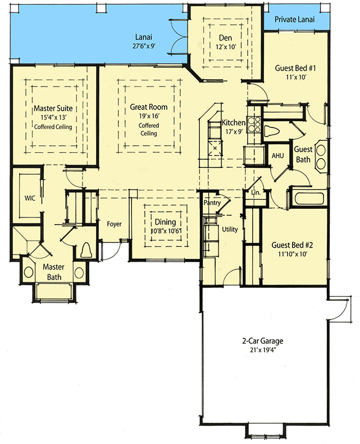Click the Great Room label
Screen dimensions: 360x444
click(x=148, y=107)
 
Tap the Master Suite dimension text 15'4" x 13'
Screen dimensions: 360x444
click(x=53, y=117)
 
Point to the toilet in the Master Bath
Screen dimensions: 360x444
click(x=86, y=250)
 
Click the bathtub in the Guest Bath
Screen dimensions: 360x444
click(x=308, y=199)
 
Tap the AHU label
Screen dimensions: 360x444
click(x=277, y=155)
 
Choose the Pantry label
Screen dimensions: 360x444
click(x=212, y=203)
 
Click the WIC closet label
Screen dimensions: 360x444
click(x=30, y=198)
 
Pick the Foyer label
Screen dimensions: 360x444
click(x=114, y=224)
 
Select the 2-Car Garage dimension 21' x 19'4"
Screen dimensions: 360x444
click(x=263, y=350)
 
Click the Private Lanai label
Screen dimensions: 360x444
click(x=295, y=19)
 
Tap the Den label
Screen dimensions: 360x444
click(x=225, y=38)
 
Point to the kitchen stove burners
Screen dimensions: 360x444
click(x=254, y=125)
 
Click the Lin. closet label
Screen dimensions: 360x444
click(x=256, y=193)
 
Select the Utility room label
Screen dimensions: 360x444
click(x=230, y=229)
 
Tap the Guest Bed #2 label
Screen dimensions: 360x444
click(x=292, y=245)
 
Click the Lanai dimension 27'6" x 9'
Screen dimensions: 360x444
click(x=144, y=46)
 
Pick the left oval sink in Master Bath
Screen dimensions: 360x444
click(x=28, y=272)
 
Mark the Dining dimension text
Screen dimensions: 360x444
click(x=166, y=231)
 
